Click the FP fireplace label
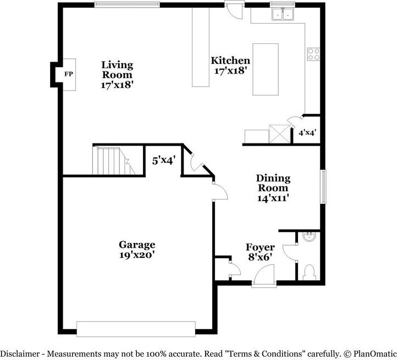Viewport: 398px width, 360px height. coord(68,73)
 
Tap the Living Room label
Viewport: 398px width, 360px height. coord(117,70)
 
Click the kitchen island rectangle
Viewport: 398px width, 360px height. coord(265,69)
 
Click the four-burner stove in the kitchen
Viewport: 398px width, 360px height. coord(314,53)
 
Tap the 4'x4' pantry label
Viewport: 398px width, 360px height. coord(307,132)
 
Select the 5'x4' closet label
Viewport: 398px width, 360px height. coord(163,160)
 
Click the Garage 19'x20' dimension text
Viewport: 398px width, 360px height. coord(137,255)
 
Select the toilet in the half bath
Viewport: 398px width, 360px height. coord(309,272)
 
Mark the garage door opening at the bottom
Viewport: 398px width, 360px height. coord(136,329)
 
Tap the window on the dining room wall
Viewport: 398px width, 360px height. coord(324,187)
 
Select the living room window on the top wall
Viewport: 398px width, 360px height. coord(128,5)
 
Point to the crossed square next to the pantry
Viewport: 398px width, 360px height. coord(279,133)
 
